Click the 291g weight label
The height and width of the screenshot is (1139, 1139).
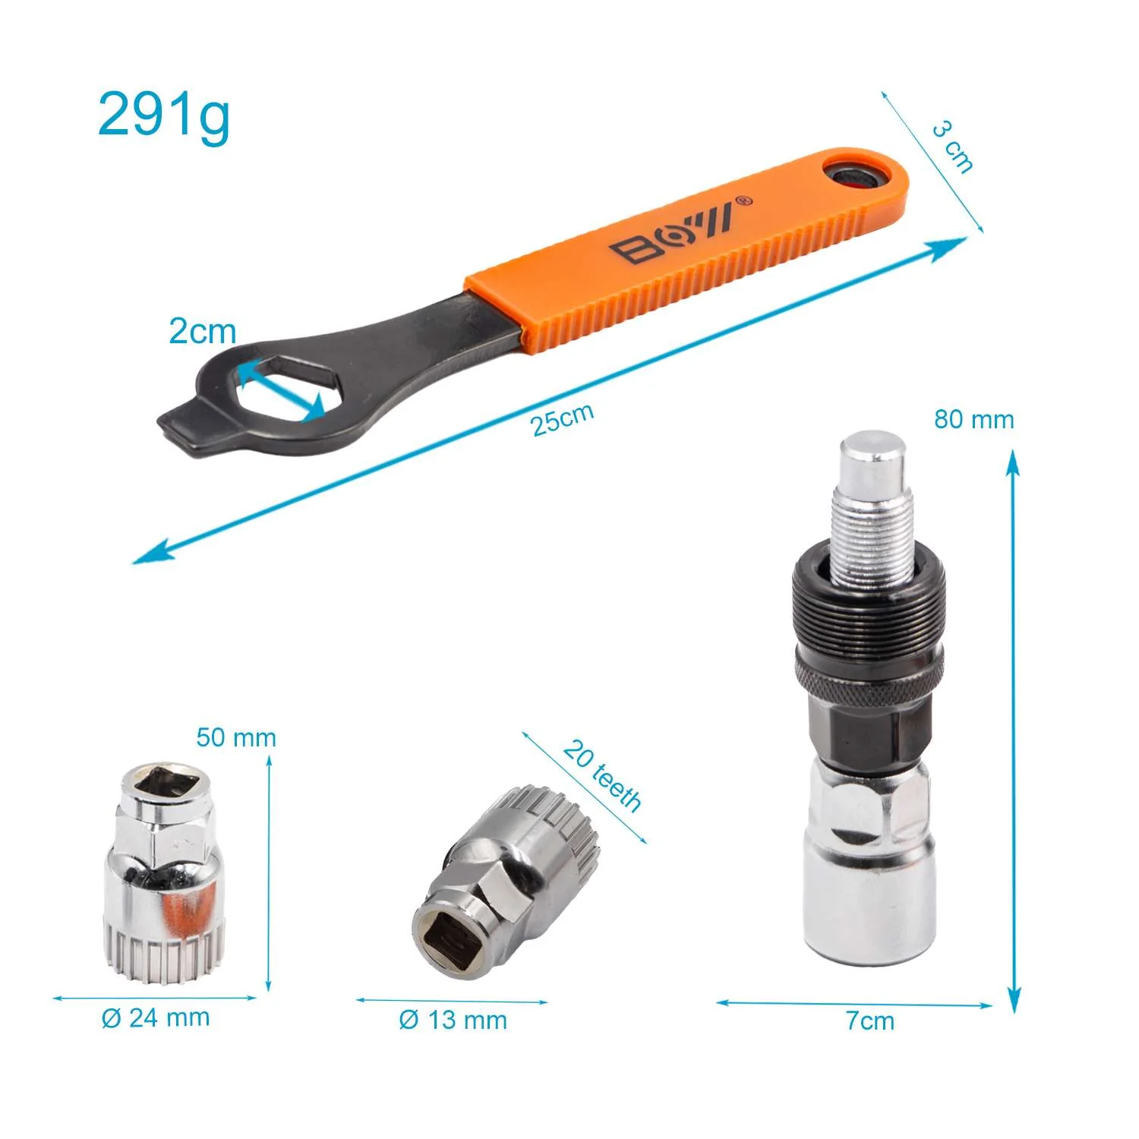(x=163, y=115)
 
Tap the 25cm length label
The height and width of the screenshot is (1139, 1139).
(x=563, y=419)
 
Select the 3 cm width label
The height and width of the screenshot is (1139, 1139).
(x=953, y=147)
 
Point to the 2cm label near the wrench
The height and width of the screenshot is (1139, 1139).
(x=202, y=331)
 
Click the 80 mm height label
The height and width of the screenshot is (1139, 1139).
(x=974, y=419)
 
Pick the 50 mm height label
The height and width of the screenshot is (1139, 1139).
(x=236, y=737)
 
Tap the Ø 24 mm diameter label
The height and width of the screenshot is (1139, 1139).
(x=156, y=1018)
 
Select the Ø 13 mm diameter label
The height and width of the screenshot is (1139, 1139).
(x=453, y=1020)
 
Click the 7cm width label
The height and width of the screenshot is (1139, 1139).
(x=870, y=1021)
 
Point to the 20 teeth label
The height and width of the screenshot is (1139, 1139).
(x=603, y=775)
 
